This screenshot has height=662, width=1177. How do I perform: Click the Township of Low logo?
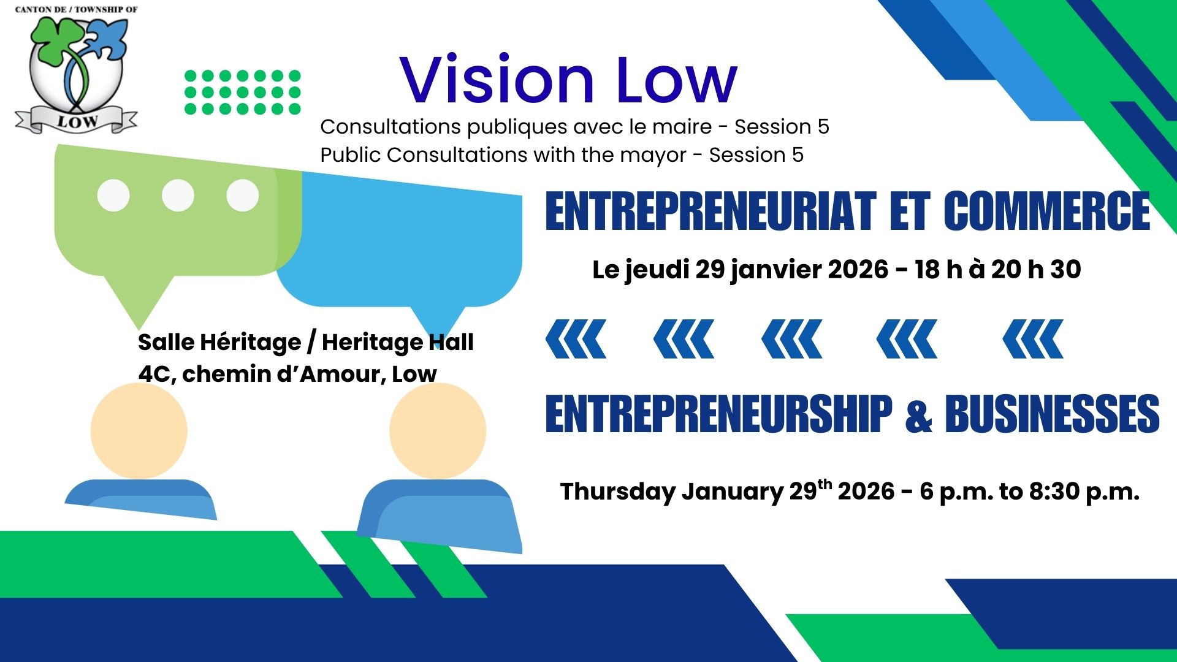pos(77,69)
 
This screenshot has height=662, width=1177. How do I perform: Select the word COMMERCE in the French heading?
pos(1046,211)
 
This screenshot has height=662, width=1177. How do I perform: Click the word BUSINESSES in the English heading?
pos(1052,414)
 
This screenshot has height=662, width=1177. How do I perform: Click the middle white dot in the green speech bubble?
pos(178,196)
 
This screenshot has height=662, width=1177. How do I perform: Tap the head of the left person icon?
pos(139,430)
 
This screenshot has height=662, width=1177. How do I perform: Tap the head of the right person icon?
pos(438,430)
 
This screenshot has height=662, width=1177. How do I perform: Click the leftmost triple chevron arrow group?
pos(576,339)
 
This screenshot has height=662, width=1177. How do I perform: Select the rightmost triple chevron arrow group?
pos(1033,339)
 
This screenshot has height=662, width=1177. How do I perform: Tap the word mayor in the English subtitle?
pos(653,156)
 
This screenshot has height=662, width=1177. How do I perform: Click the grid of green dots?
pos(243,92)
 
